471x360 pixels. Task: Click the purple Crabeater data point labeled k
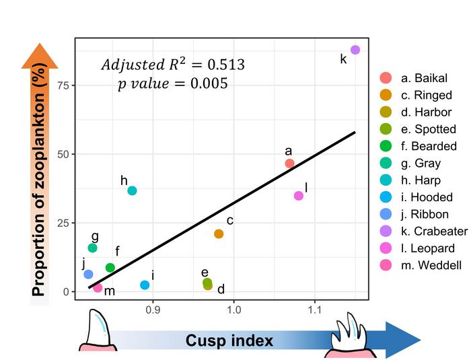[x=355, y=50]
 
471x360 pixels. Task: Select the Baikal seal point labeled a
[x=289, y=164]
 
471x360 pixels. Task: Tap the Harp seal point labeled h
[x=132, y=190]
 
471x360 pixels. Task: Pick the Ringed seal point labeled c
[x=219, y=233]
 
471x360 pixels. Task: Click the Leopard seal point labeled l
[x=299, y=196]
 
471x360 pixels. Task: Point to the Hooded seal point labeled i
[x=145, y=285]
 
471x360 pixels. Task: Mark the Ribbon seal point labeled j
[x=88, y=275]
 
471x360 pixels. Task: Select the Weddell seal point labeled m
[x=98, y=288]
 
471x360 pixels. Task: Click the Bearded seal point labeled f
[x=110, y=268]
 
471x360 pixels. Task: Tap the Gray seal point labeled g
[x=93, y=248]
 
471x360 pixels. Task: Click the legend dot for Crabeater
[x=386, y=231]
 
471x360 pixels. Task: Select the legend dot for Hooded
[x=386, y=197]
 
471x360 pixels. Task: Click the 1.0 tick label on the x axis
[x=233, y=312]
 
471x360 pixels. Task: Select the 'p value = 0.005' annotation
[x=172, y=84]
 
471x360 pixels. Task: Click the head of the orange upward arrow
[x=40, y=55]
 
